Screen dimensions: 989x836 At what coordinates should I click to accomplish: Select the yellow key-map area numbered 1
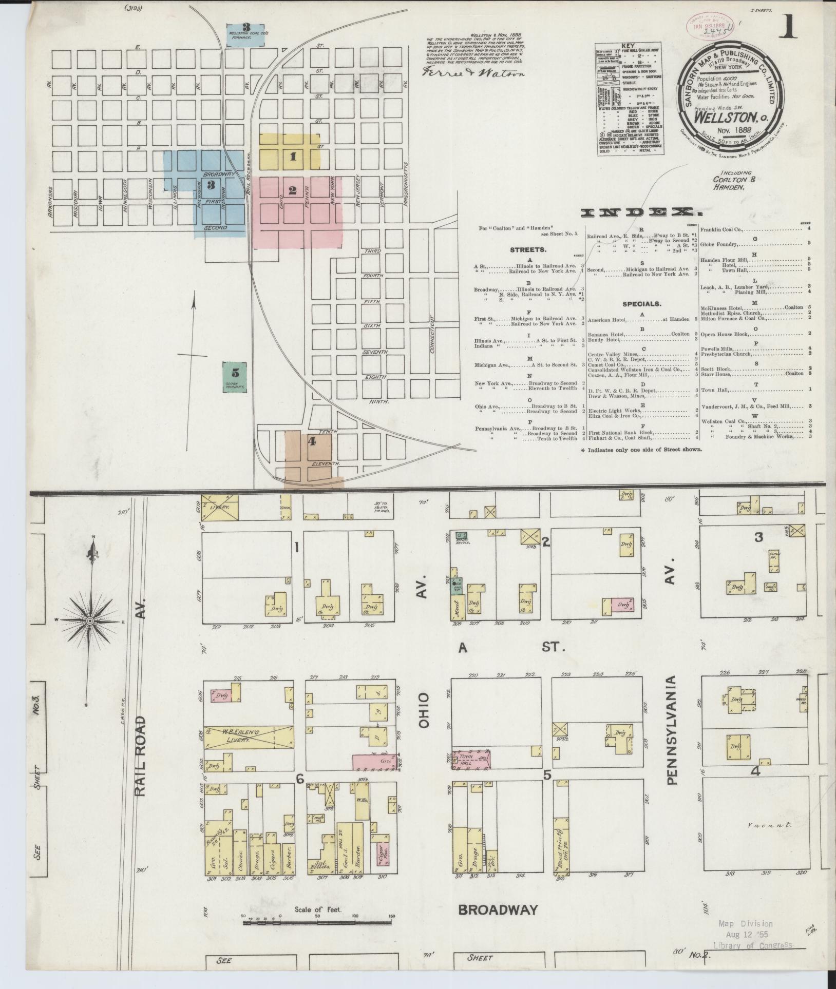pos(291,152)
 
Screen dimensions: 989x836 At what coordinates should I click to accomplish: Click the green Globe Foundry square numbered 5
pos(235,377)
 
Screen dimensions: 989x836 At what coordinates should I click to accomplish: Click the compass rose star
pos(90,621)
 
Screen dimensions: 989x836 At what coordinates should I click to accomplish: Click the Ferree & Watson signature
pos(473,73)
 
